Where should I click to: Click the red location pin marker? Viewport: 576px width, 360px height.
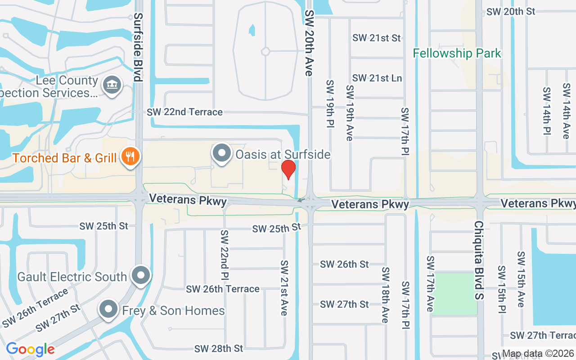click(x=288, y=169)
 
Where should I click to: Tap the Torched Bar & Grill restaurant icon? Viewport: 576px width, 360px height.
click(x=130, y=157)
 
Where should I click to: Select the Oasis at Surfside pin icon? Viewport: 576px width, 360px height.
click(x=221, y=153)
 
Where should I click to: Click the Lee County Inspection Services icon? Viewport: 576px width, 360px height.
click(x=111, y=85)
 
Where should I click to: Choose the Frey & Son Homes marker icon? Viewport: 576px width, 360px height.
click(x=108, y=310)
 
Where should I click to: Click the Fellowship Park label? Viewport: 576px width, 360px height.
click(x=457, y=54)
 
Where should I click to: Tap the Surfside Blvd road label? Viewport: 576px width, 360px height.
click(x=138, y=47)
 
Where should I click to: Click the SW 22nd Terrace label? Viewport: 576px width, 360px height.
click(x=184, y=112)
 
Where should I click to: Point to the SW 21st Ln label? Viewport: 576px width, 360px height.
click(x=377, y=78)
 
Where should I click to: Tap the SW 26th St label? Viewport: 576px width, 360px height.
click(x=344, y=264)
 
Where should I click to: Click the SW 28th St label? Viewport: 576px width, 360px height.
click(x=219, y=349)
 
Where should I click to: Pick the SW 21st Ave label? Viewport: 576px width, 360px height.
click(x=284, y=288)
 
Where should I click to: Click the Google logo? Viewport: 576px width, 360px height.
click(x=30, y=349)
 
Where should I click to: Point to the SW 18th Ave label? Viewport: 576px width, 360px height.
click(x=386, y=295)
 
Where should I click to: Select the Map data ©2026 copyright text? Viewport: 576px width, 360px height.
click(x=538, y=354)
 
